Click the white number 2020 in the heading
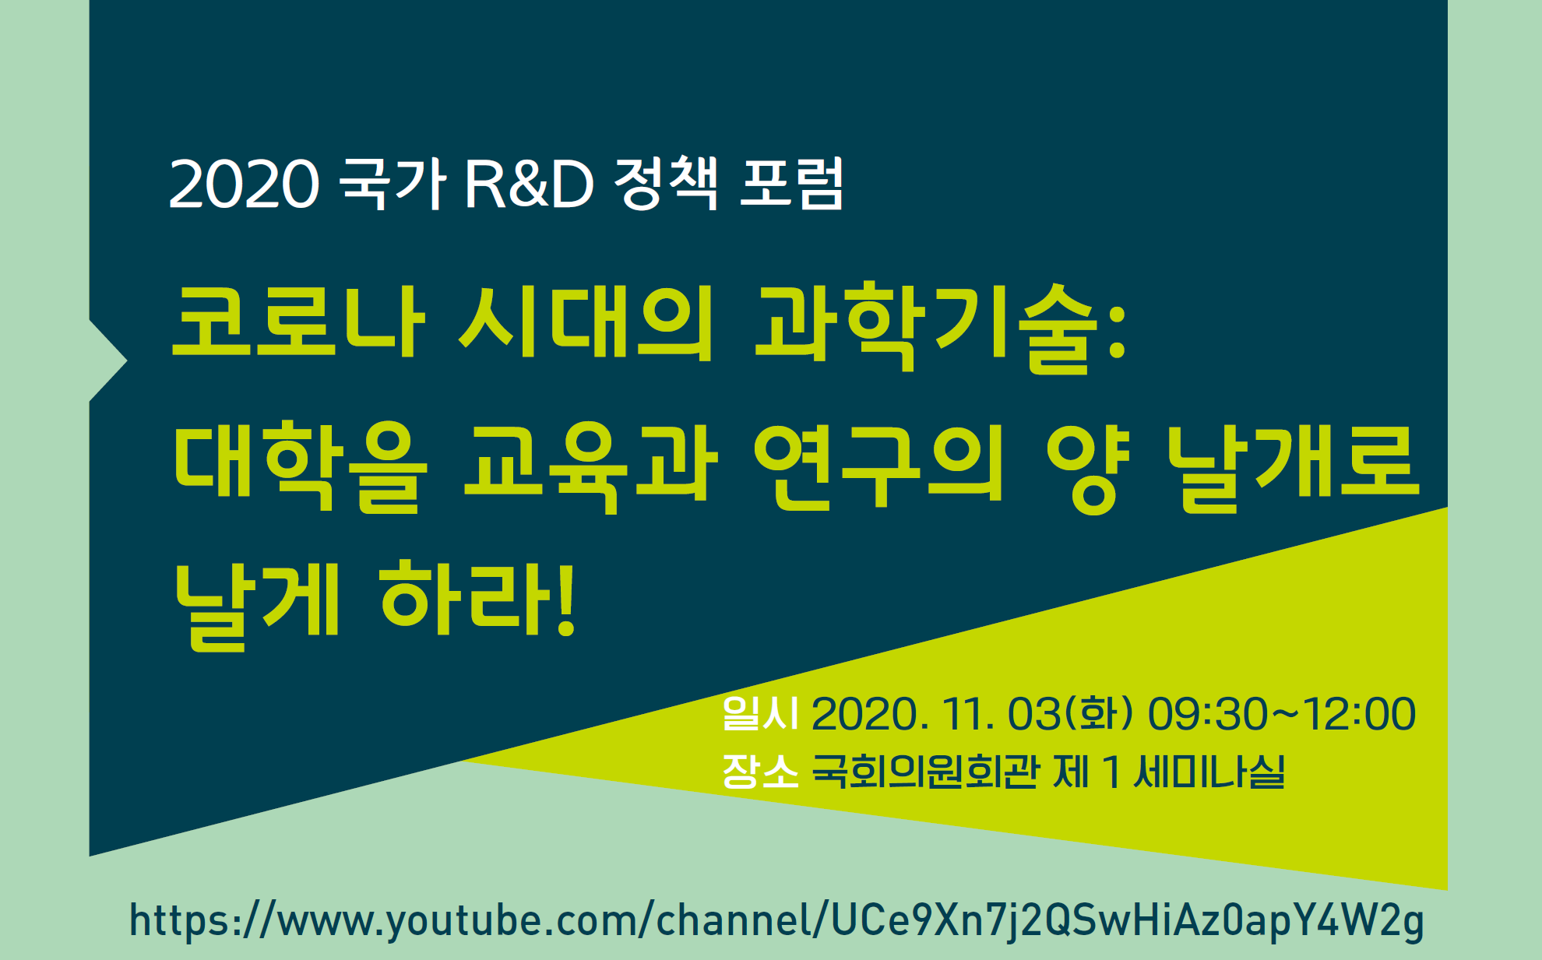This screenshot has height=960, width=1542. [244, 185]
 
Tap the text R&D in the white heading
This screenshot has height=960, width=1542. [529, 185]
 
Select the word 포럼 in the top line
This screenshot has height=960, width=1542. [791, 184]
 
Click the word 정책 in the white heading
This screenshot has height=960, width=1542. [666, 184]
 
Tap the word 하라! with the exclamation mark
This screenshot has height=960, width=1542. [477, 600]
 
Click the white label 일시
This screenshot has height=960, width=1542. [760, 713]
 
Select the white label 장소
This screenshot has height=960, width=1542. [760, 771]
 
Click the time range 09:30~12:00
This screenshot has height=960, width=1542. [1282, 714]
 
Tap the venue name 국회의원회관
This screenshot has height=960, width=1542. [925, 772]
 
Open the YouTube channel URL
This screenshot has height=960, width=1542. [776, 921]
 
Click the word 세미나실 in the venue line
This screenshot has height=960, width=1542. [1209, 772]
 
